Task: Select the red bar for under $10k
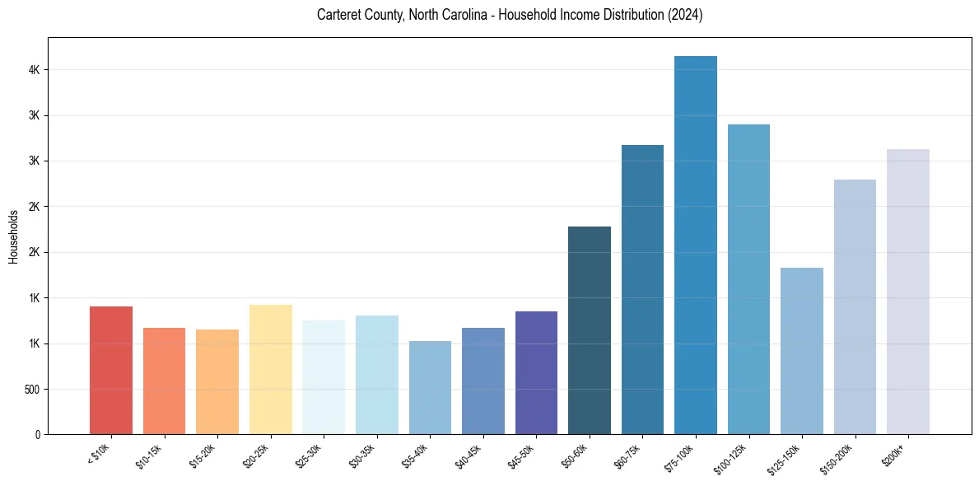[111, 370]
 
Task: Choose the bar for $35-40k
[430, 387]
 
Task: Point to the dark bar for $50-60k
[590, 330]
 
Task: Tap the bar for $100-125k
[748, 279]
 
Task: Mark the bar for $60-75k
[642, 289]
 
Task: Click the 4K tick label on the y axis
[35, 70]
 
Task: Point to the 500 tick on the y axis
[32, 389]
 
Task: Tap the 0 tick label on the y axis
[38, 434]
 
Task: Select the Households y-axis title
[13, 236]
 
